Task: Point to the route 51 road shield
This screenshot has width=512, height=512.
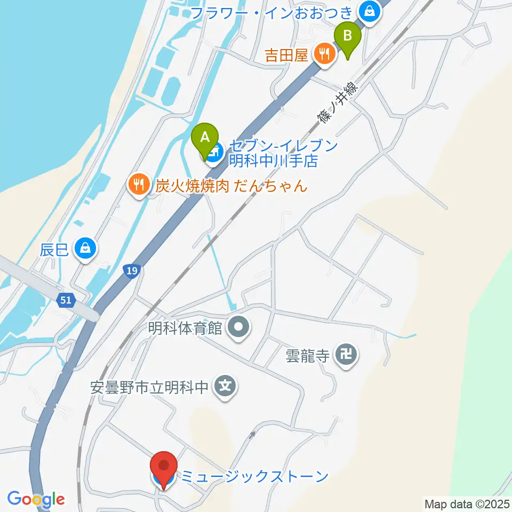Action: pos(66,300)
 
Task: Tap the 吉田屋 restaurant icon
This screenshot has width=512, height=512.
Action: pos(324,53)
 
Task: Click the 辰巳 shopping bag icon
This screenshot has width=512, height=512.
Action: pos(85,247)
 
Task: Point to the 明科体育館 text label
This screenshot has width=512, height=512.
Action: pos(185,327)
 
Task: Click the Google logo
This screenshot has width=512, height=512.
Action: pos(36,499)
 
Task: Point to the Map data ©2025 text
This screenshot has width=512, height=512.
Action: pos(466,503)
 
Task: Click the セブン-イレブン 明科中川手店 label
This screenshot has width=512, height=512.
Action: pos(283,153)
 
